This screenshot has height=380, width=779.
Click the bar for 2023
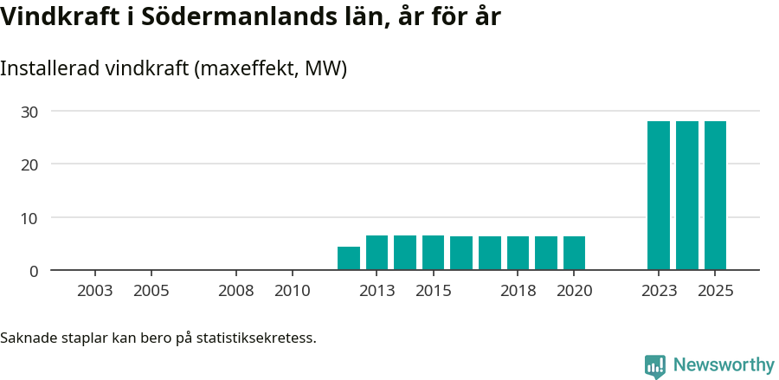click(659, 196)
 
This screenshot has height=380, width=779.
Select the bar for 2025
click(715, 196)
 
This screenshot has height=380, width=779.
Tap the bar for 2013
click(377, 253)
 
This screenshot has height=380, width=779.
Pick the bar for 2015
click(433, 253)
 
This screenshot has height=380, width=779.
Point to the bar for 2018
click(518, 254)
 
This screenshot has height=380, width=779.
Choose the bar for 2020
click(574, 254)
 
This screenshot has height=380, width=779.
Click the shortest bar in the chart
click(349, 259)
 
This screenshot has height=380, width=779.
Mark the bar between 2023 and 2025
click(687, 196)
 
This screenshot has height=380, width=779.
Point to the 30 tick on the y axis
click(30, 112)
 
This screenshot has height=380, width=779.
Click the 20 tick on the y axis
click(30, 164)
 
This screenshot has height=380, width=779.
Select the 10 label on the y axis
click(30, 218)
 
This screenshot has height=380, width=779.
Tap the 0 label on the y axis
click(34, 271)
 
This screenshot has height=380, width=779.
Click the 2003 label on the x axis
click(95, 291)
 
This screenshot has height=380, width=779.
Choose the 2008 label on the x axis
click(236, 291)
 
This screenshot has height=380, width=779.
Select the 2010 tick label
click(293, 291)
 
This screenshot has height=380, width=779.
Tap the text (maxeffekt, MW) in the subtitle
click(272, 68)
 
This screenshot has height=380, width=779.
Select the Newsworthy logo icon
click(655, 366)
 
